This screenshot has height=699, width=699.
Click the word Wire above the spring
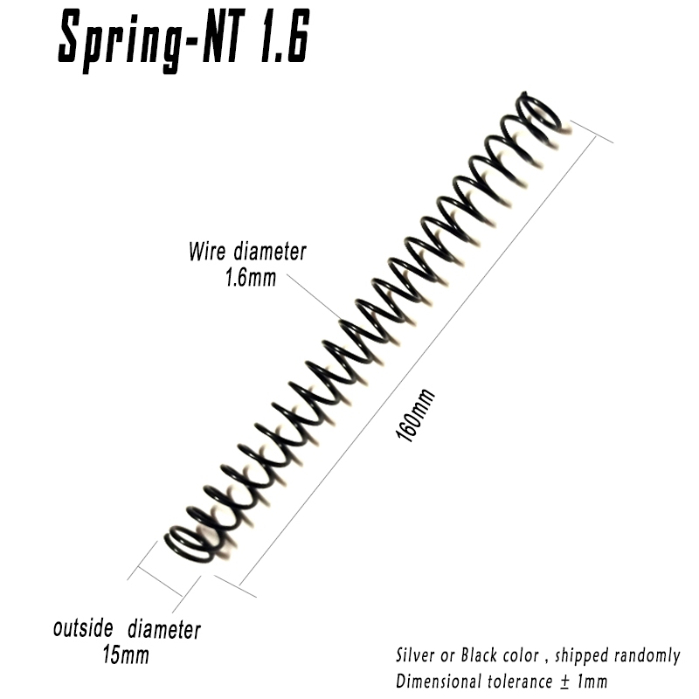[x=206, y=251]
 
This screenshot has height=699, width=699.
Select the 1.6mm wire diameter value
[x=251, y=277]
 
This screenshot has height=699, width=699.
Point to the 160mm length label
[x=415, y=415]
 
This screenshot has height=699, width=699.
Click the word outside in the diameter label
[x=83, y=628]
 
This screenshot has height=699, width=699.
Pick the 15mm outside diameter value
[x=126, y=654]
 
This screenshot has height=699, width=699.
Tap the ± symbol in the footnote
[x=564, y=682]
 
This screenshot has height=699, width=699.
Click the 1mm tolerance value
[x=592, y=682]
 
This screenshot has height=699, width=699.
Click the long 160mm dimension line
[x=418, y=361]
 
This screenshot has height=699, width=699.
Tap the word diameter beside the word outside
[x=164, y=629]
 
